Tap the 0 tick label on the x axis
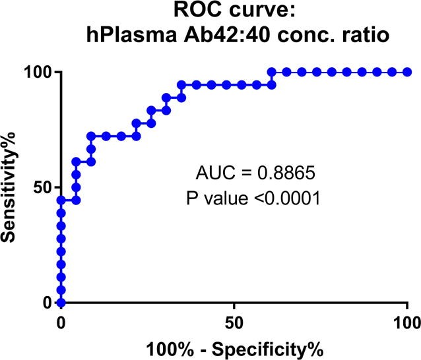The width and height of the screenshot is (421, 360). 61,322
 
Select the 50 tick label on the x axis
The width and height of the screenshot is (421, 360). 234,322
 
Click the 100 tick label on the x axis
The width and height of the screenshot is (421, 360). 406,322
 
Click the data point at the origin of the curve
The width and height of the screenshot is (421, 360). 61,303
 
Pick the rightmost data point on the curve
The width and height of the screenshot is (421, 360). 407,72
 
